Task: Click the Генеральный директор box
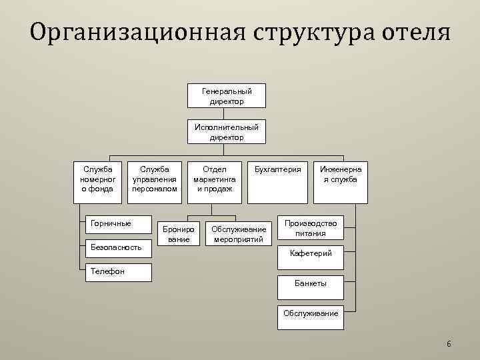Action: pos(227,95)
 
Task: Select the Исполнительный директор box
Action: pos(227,131)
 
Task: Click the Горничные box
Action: pos(119,224)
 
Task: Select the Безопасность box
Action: pos(119,247)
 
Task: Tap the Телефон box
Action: pos(119,271)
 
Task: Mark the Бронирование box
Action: pos(179,233)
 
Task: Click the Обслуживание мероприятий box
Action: pos(238,233)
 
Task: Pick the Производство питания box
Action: pos(310,228)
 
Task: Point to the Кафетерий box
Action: pos(310,254)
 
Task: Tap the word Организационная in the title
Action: pos(129,33)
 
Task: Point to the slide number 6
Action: pos(449,344)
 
